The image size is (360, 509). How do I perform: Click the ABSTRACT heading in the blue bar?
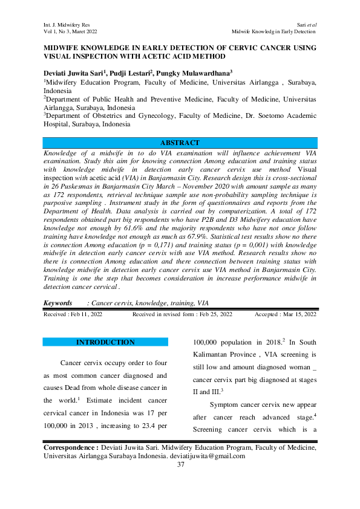180,143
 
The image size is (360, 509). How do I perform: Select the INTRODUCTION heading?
105,342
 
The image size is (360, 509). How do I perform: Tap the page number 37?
180,464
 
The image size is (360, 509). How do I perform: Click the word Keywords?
59,302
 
